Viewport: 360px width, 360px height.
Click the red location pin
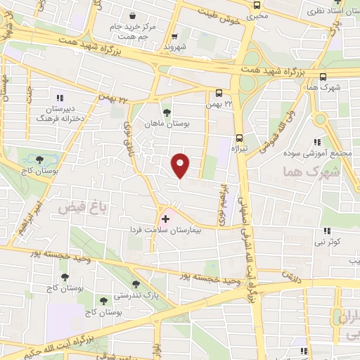point(181,165)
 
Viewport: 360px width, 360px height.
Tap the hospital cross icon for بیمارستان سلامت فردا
point(165,219)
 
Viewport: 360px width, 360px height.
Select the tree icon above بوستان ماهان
point(167,112)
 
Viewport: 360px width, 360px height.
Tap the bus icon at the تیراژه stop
point(240,138)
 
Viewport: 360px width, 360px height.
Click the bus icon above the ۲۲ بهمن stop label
point(219,92)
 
